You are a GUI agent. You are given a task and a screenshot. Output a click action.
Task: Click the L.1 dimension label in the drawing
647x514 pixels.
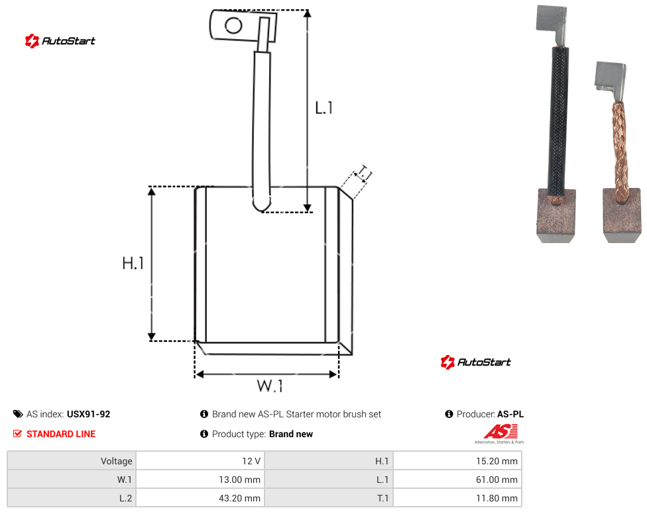[x=324, y=108]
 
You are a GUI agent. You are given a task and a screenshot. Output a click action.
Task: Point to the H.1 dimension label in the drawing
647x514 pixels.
[x=133, y=263]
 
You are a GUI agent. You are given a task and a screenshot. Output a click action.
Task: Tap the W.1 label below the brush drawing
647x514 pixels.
[x=270, y=386]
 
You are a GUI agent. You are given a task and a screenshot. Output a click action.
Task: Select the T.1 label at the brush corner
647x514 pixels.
[x=363, y=174]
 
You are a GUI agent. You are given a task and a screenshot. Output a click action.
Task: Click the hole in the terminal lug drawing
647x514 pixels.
[x=233, y=26]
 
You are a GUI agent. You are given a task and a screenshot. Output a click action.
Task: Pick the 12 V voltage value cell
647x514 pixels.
[x=200, y=461]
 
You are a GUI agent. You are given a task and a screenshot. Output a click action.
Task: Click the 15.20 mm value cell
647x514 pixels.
[x=457, y=461]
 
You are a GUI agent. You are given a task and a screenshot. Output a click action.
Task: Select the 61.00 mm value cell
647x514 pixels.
[x=457, y=480]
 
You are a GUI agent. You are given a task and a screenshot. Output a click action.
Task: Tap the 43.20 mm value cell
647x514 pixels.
[x=200, y=498]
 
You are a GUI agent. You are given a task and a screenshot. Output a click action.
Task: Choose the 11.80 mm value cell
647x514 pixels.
[x=457, y=498]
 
